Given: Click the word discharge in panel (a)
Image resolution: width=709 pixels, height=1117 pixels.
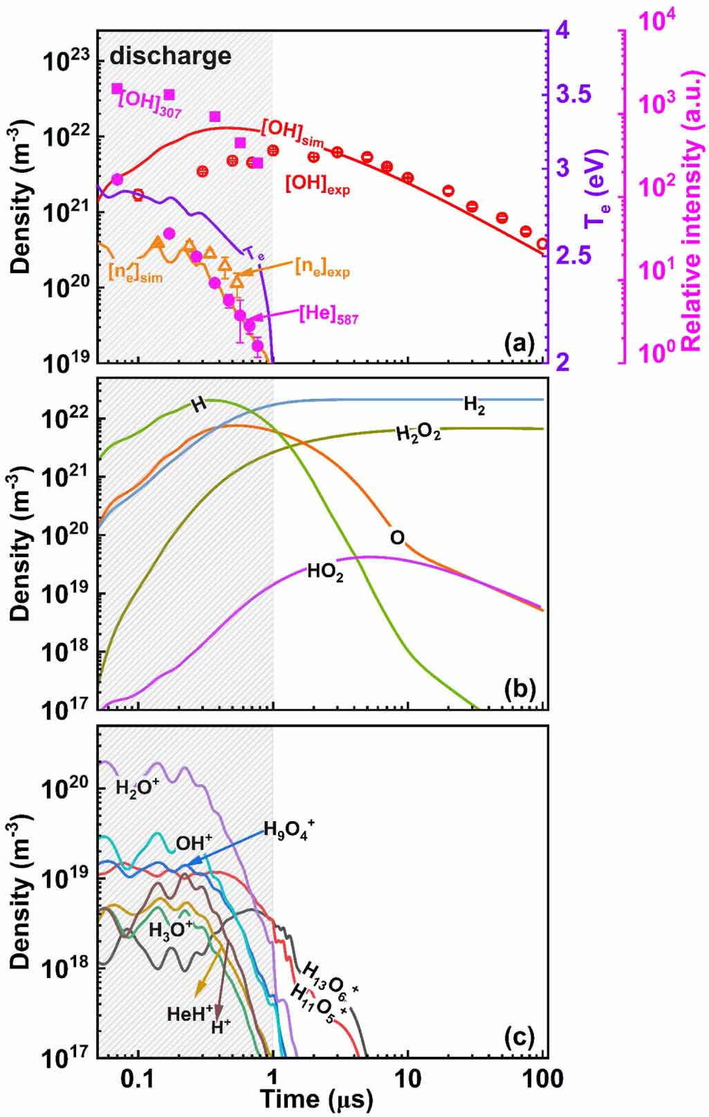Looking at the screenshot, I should coord(170,56).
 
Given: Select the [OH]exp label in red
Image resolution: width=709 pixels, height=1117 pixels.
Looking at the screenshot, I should coord(317,185).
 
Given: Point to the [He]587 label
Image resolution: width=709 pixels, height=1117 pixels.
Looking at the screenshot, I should coord(329,315).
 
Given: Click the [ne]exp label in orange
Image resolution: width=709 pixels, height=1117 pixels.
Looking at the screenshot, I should coord(322,267).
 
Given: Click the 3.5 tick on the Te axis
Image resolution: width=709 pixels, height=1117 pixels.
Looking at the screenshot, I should coord(575,95).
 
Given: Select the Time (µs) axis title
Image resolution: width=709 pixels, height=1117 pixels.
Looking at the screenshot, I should coord(316,1098).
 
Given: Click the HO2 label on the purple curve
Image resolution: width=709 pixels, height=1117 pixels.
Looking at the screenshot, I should coord(325,572).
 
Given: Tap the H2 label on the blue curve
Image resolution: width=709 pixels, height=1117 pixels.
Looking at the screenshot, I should coord(474,406).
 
